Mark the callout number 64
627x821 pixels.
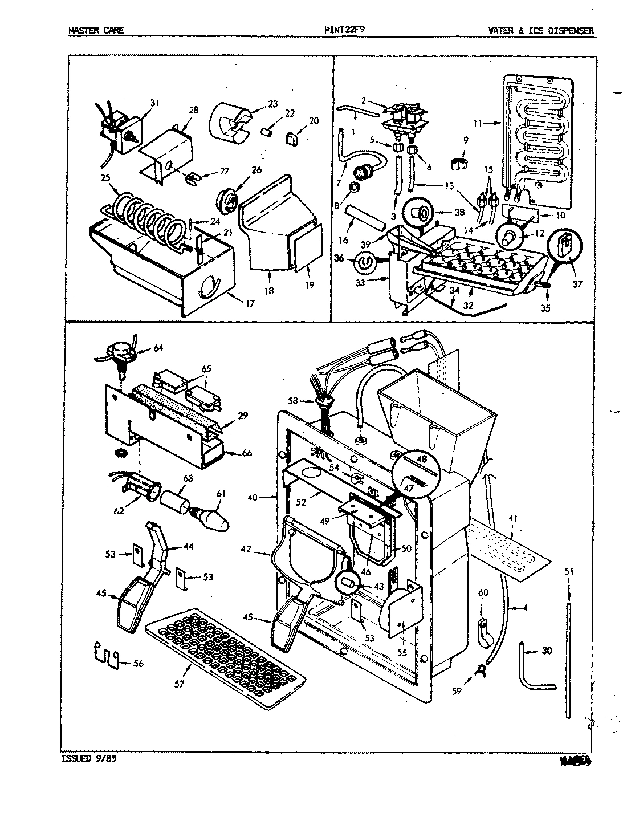[158, 348]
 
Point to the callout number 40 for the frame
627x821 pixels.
[254, 498]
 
